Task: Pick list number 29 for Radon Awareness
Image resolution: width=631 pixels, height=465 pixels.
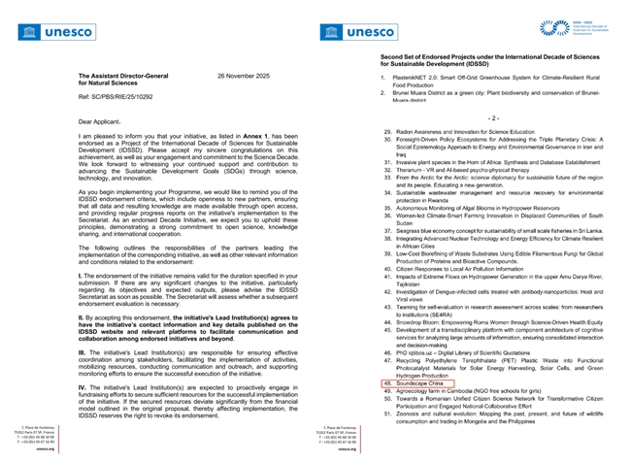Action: point(386,130)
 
